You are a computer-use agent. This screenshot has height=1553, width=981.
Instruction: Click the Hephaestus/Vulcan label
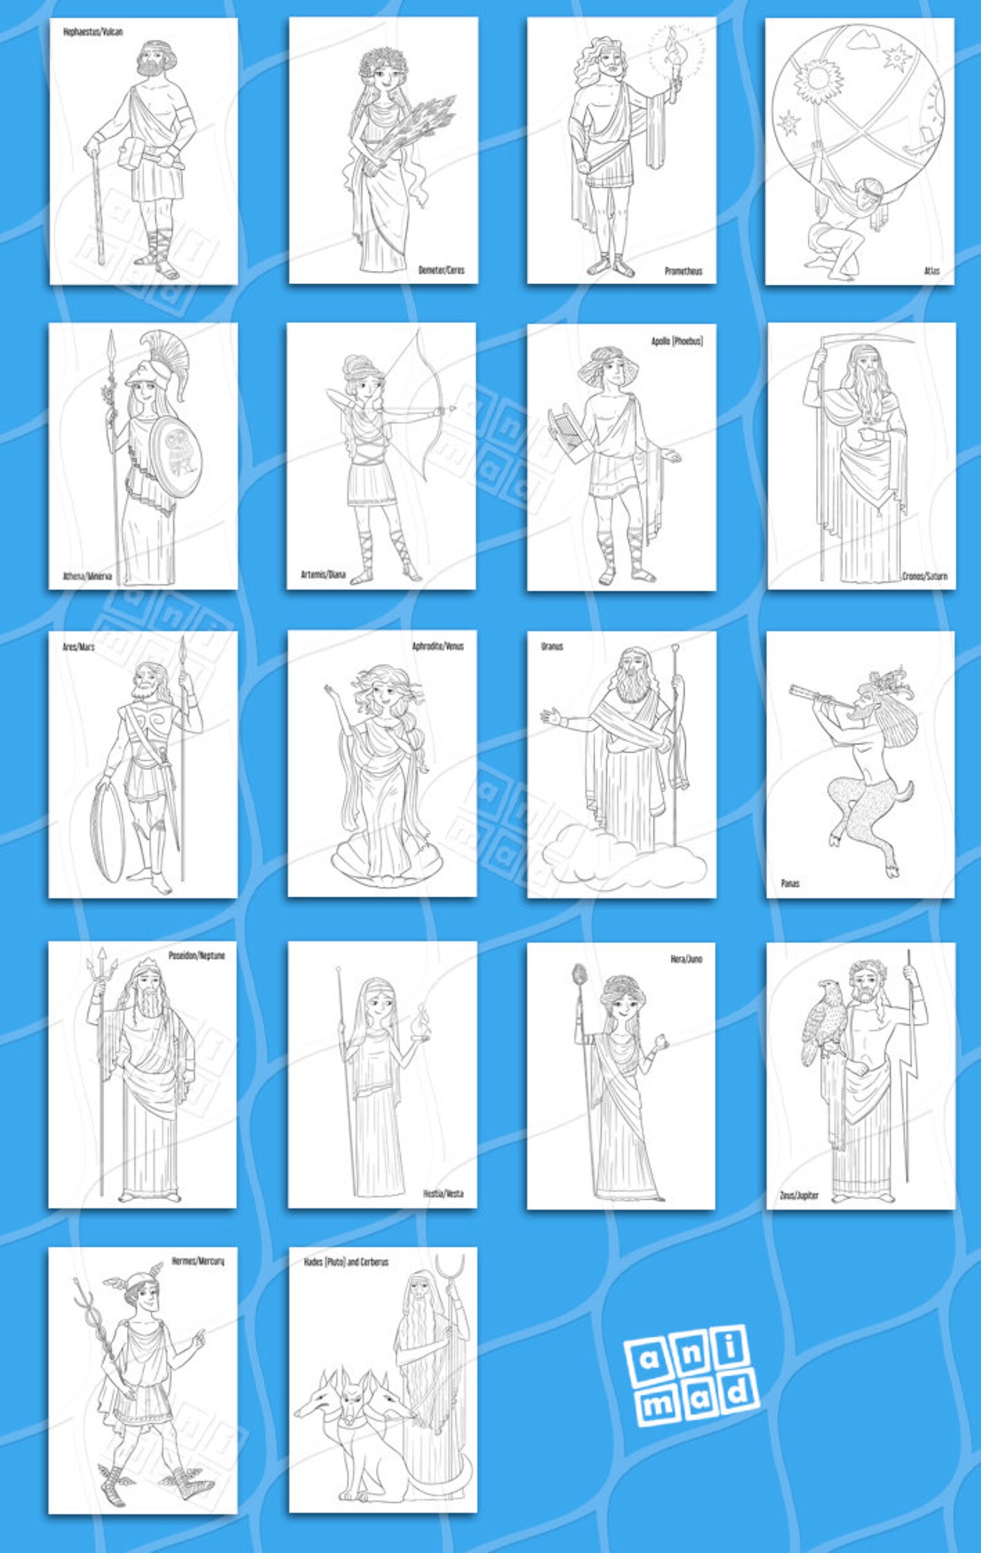pyautogui.click(x=93, y=31)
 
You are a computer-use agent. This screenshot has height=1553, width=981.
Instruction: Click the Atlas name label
pyautogui.click(x=932, y=271)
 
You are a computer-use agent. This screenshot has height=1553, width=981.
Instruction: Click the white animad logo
pyautogui.click(x=691, y=1373)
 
